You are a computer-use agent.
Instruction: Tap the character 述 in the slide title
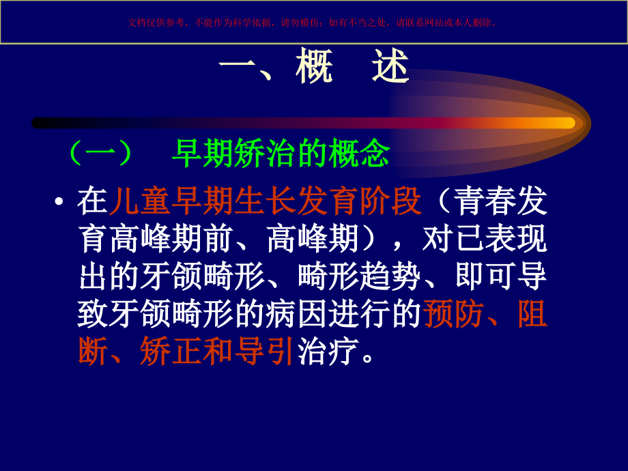390,68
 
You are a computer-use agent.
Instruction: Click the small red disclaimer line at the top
313,23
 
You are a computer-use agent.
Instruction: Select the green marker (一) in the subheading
101,154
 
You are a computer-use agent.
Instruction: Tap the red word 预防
454,314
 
